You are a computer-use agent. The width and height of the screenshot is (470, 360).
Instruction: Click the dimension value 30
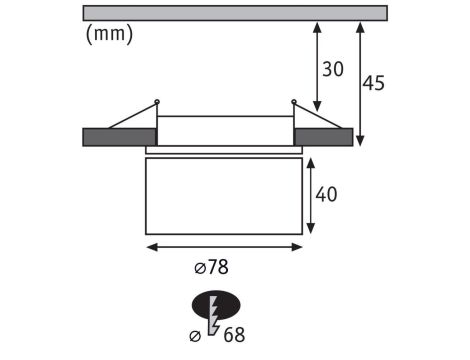[333, 69]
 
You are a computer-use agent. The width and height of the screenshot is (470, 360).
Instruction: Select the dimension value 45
[373, 83]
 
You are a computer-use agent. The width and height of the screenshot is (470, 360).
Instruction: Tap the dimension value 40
[326, 195]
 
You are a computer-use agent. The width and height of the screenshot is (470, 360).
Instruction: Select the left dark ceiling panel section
[119, 137]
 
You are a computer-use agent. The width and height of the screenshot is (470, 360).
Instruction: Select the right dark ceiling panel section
[323, 137]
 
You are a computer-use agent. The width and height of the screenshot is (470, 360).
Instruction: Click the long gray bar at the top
[234, 13]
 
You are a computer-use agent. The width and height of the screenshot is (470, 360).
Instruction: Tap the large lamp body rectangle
[224, 195]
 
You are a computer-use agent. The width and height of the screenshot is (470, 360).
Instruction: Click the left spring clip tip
[157, 100]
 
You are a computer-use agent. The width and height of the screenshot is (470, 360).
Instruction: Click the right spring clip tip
[294, 100]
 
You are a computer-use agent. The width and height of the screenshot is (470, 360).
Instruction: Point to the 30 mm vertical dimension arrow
[317, 69]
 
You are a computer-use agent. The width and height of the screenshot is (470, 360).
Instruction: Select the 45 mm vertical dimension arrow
[360, 83]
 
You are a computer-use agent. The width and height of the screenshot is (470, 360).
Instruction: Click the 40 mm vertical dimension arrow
[311, 195]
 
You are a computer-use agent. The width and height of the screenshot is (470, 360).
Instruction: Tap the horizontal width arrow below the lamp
[224, 244]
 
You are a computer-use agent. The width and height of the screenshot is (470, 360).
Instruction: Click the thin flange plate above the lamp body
[224, 151]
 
